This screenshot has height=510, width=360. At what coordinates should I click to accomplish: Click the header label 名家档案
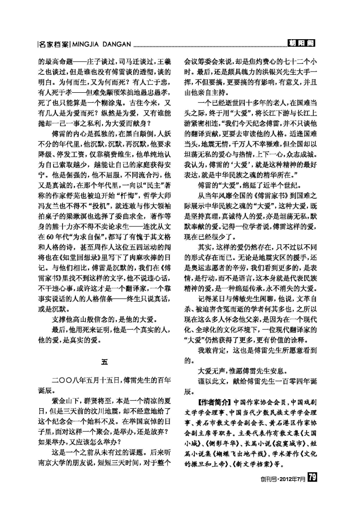[54, 44]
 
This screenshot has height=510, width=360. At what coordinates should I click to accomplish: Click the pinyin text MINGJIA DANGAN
[101, 44]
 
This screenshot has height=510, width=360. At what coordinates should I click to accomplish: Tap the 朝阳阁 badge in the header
[301, 44]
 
